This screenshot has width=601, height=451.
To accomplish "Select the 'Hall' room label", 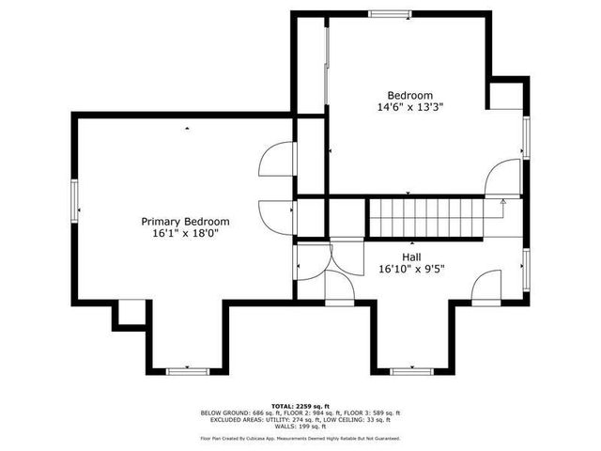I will [x=411, y=257].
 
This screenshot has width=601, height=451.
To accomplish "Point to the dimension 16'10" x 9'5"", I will [x=411, y=269].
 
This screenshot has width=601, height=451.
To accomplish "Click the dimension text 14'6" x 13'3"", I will [x=410, y=108].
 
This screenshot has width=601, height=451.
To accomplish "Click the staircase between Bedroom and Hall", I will [x=424, y=217].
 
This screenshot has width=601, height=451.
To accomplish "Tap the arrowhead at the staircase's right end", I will [x=502, y=201].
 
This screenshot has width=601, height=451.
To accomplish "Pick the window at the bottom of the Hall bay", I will [x=409, y=370].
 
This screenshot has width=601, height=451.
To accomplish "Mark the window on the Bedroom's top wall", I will [x=387, y=13].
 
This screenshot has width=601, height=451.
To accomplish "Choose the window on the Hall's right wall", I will [x=526, y=267].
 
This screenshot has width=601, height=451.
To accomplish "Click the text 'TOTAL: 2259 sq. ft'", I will [x=300, y=406].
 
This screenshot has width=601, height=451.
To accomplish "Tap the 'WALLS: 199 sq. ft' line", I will [x=300, y=426].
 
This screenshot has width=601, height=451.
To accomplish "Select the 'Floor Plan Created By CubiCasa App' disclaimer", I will [x=300, y=438].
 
